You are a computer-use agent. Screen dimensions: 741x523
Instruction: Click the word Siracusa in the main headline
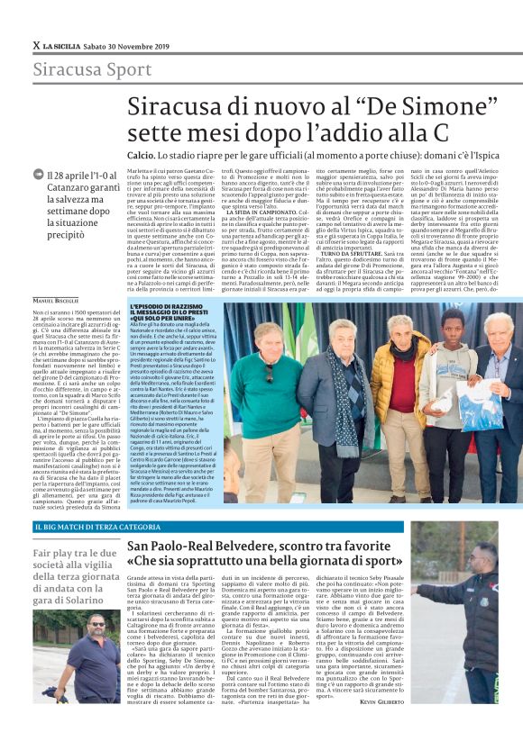pyautogui.click(x=171, y=106)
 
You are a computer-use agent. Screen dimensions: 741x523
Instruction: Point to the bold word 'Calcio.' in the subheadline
pyautogui.click(x=142, y=154)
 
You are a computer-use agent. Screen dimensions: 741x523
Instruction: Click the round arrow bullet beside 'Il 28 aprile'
pyautogui.click(x=38, y=174)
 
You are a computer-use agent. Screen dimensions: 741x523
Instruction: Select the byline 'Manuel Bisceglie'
pyautogui.click(x=56, y=299)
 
